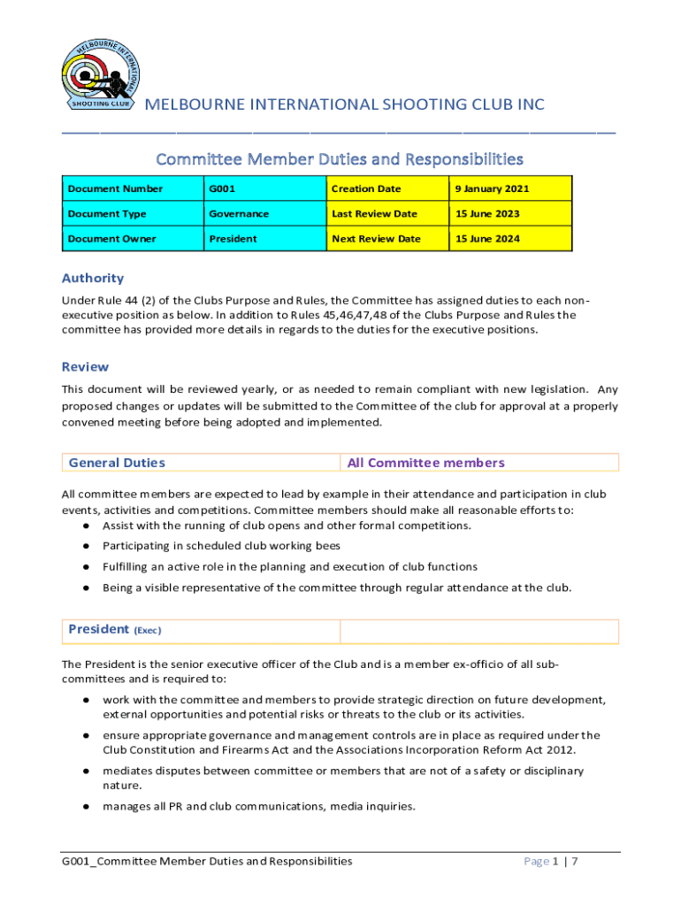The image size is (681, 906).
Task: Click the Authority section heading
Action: (92, 278)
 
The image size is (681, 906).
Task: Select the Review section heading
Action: (85, 366)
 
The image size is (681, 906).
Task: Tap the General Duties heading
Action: (116, 463)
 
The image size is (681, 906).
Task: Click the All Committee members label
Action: (425, 463)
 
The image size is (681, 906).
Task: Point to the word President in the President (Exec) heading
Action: (98, 629)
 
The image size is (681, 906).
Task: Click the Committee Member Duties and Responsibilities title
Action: (340, 159)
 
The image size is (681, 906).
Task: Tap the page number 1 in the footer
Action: (557, 861)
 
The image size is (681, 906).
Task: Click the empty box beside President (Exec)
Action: (478, 631)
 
